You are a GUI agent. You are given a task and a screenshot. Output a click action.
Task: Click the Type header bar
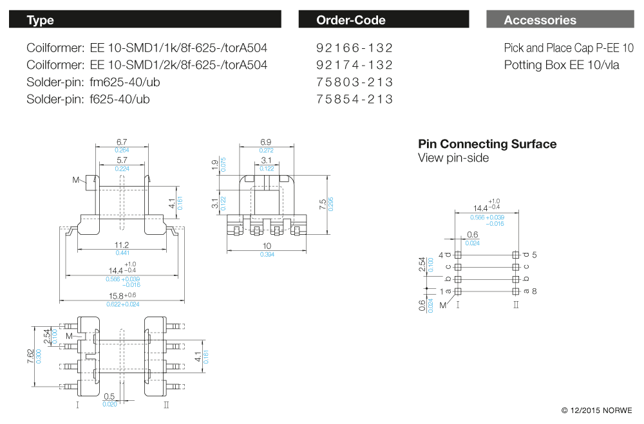click(x=145, y=19)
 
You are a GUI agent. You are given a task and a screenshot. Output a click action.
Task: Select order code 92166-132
click(x=354, y=48)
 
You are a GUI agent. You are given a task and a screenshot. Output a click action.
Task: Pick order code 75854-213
click(x=354, y=99)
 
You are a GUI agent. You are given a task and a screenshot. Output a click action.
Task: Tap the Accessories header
click(x=560, y=19)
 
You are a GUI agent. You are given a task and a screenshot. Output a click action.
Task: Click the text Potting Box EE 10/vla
click(x=562, y=65)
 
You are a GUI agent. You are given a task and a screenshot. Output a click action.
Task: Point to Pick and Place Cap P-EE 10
click(x=569, y=48)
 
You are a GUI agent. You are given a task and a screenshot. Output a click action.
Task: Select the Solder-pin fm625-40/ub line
click(x=93, y=82)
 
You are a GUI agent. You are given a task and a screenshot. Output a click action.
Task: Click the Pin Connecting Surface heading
click(x=487, y=144)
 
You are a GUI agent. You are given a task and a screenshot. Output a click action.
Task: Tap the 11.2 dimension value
click(x=122, y=245)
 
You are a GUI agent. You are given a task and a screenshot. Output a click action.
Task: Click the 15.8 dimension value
click(x=116, y=296)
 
